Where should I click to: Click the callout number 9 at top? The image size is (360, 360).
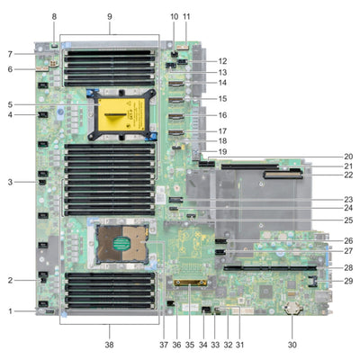110,16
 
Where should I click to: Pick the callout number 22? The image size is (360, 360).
348,175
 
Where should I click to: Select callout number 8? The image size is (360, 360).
54,16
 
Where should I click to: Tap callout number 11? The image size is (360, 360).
186,16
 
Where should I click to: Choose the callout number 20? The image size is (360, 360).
348,156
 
